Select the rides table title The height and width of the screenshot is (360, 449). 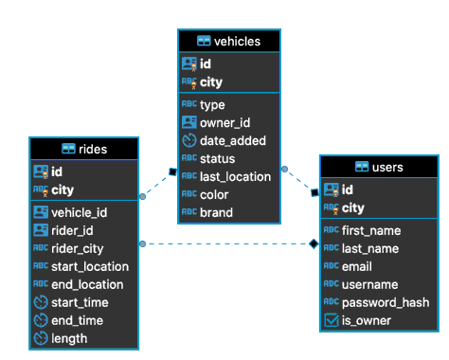coord(91,149)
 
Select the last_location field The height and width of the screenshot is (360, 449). coord(235,176)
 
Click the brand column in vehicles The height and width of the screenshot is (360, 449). coord(218,212)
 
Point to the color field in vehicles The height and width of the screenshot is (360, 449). coord(216,194)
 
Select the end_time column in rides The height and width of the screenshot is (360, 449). coord(77,320)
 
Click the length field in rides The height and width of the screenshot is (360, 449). coord(69,338)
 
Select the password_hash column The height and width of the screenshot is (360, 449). coord(386,302)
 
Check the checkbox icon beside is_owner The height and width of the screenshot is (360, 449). coord(331,321)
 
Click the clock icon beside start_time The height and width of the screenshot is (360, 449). coord(41,302)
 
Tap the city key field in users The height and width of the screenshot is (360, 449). coord(352,207)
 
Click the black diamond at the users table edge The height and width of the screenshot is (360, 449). coord(314,244)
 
